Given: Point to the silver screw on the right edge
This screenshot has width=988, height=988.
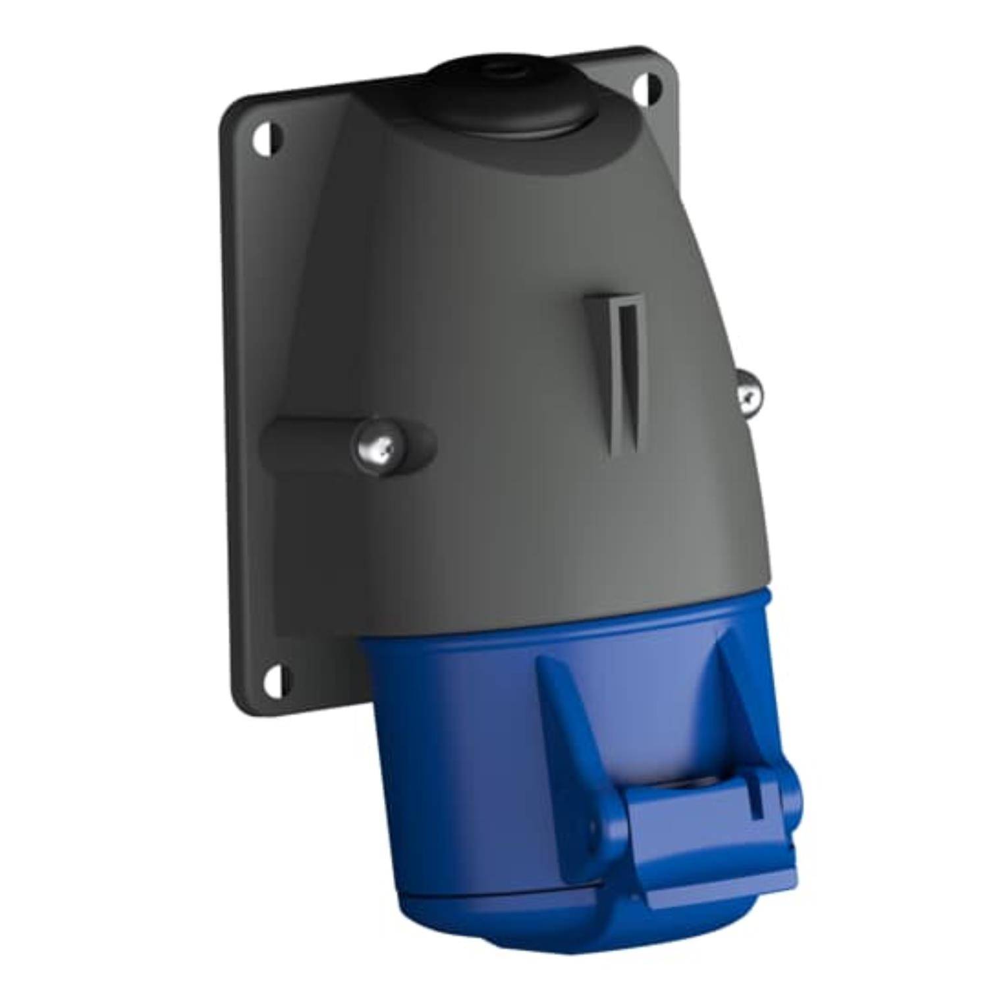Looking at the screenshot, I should point(747,393).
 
